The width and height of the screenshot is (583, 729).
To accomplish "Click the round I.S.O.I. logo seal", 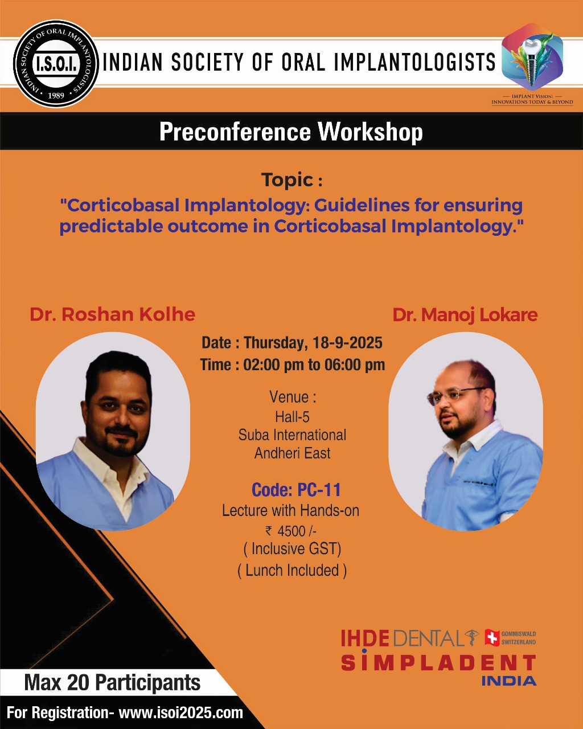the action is tap(56, 63).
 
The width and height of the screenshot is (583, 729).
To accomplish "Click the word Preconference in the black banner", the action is tap(235, 132).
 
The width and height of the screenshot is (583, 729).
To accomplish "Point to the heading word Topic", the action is tap(288, 180).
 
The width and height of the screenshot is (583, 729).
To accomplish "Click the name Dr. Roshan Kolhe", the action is tap(113, 314).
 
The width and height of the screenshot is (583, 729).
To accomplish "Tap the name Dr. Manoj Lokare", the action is tap(465, 315).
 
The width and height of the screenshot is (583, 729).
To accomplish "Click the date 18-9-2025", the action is tap(347, 342).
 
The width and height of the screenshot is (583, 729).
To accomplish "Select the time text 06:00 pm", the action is tap(355, 365).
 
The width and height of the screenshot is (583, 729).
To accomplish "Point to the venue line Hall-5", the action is tap(292, 417).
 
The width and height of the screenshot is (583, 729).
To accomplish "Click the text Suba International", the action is tap(292, 435).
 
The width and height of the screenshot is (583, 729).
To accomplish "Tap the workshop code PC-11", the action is tap(319, 489).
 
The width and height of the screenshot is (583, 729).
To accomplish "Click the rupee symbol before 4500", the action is tap(269, 530).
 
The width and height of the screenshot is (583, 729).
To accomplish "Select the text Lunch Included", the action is tap(292, 570).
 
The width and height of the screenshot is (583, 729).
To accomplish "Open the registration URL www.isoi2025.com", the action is tap(180, 712).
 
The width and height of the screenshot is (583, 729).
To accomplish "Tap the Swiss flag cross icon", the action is tap(492, 637).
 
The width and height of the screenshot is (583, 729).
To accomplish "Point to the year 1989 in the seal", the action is tap(56, 96).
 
